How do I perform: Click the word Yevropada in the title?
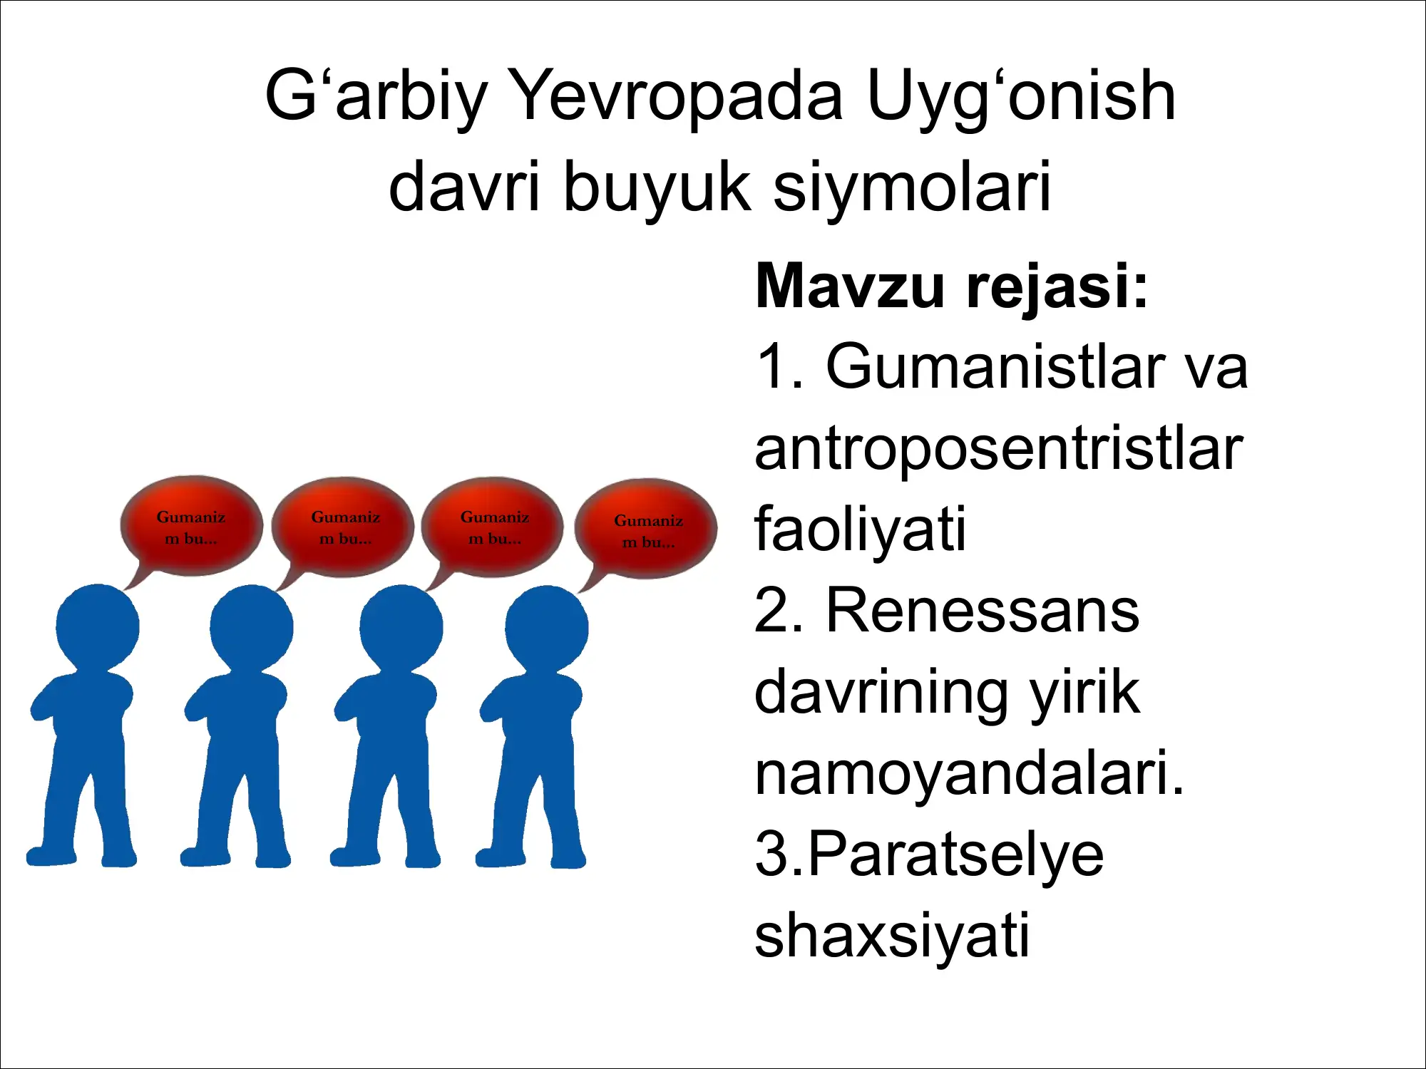(x=677, y=96)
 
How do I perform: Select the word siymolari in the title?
(x=912, y=187)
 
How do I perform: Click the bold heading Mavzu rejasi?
(x=951, y=286)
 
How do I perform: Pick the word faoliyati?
(x=860, y=529)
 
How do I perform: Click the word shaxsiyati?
(x=891, y=935)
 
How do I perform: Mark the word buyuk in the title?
(x=657, y=187)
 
